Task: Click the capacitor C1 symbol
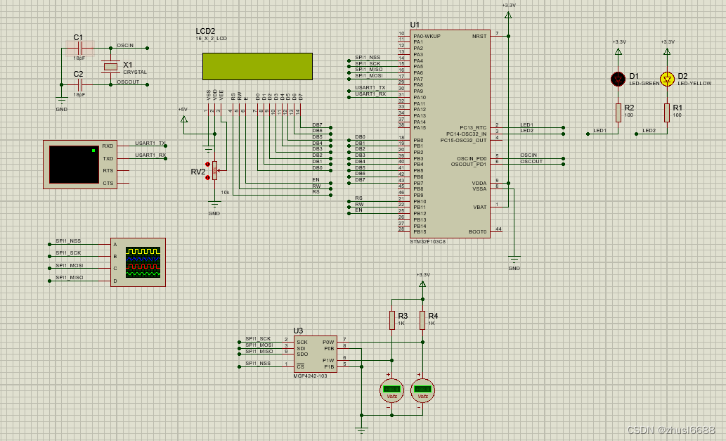pos(79,48)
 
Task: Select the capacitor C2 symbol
pos(79,84)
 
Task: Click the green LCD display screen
pos(247,65)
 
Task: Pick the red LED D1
pos(618,78)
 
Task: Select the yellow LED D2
pos(667,78)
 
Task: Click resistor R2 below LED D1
pos(618,113)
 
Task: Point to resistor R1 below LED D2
pos(667,113)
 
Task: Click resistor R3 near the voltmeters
pos(392,321)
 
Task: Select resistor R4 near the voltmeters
pos(422,321)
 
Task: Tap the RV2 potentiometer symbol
pos(215,169)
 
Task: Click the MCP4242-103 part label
pos(310,376)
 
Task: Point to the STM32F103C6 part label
pos(428,241)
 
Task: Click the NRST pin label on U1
pos(479,35)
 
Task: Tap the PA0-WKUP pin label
pos(427,35)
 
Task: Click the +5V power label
pos(183,109)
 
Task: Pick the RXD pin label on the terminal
pos(108,146)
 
